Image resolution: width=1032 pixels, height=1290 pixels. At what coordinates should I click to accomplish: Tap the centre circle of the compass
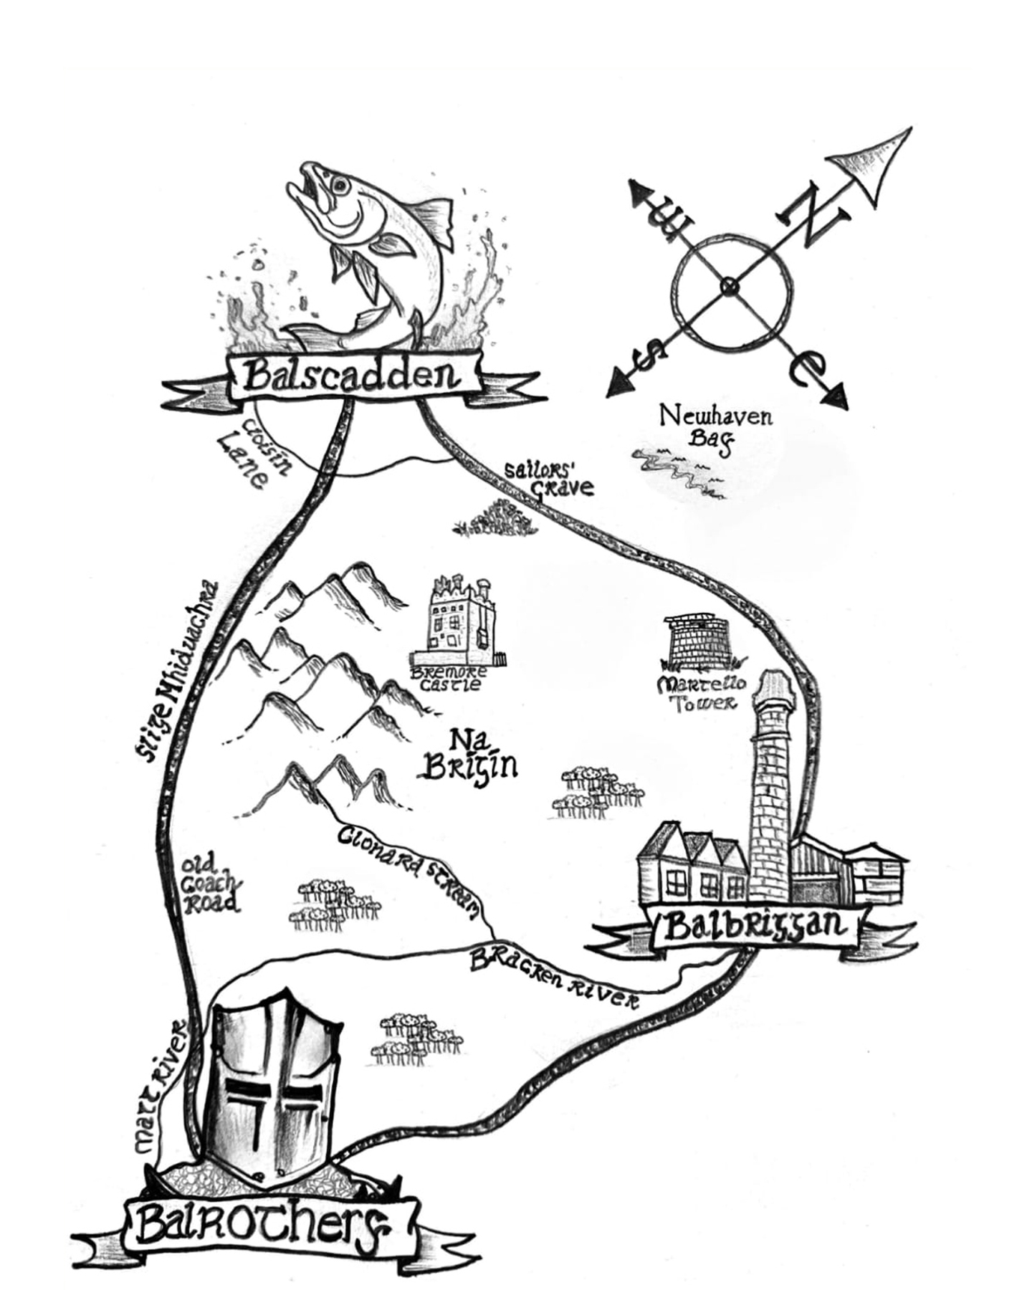point(730,287)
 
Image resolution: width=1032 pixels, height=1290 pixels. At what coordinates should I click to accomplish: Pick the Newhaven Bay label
point(715,428)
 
